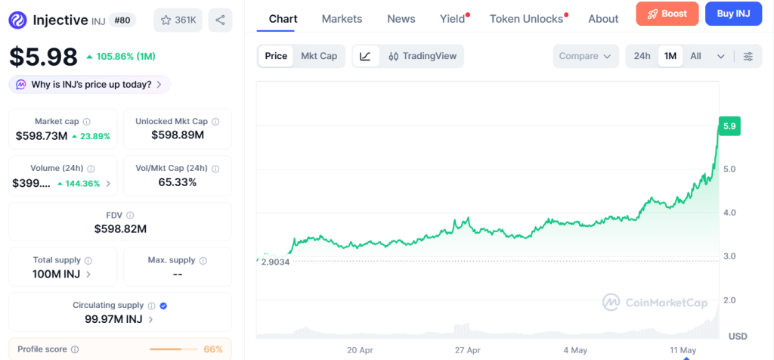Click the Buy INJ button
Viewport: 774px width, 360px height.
pos(733,14)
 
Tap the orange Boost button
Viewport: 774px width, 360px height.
pos(667,14)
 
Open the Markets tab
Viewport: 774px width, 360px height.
pos(342,19)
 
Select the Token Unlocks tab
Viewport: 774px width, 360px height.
pos(526,19)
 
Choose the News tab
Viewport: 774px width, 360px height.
pos(401,19)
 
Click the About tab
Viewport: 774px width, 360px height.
pos(603,19)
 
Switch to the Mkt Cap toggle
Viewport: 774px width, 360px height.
pos(319,56)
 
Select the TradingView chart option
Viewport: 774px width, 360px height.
pos(423,56)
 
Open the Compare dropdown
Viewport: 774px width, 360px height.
pos(586,56)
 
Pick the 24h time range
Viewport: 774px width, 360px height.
pos(642,56)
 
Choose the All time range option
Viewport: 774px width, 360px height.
pos(695,56)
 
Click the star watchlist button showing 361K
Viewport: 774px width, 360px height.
pos(178,20)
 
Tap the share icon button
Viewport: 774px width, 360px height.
pos(220,20)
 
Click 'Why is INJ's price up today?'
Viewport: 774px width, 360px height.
pos(90,85)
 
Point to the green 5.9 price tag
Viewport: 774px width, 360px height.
pos(729,126)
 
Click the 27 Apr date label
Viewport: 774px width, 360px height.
pos(467,350)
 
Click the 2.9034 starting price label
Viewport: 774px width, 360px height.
pos(274,262)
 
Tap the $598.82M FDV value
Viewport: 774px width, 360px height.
pos(120,228)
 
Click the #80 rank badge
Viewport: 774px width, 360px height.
pos(122,20)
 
